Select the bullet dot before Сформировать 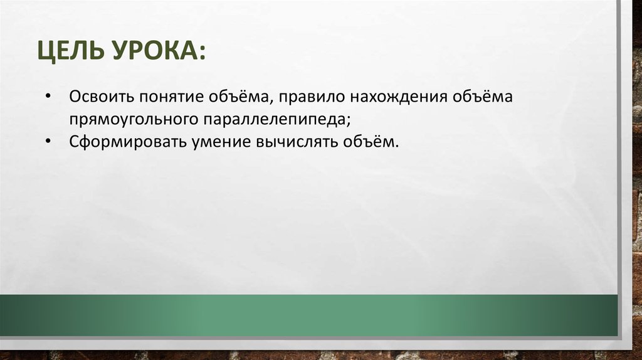click(49, 141)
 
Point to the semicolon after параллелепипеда click(347, 120)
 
